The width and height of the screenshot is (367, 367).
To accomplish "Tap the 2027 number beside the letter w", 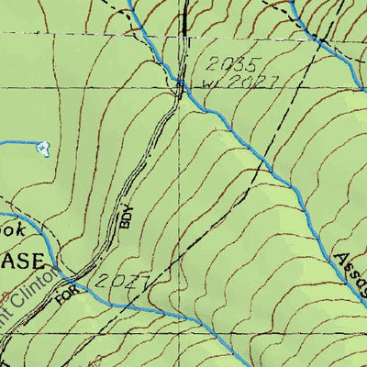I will (249, 83).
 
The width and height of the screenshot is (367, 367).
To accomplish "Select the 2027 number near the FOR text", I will (123, 281).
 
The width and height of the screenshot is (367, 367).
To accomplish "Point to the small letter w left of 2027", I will (207, 86).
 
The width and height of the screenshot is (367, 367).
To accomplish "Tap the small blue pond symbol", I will (42, 147).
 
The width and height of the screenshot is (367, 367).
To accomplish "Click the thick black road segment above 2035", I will (184, 23).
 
